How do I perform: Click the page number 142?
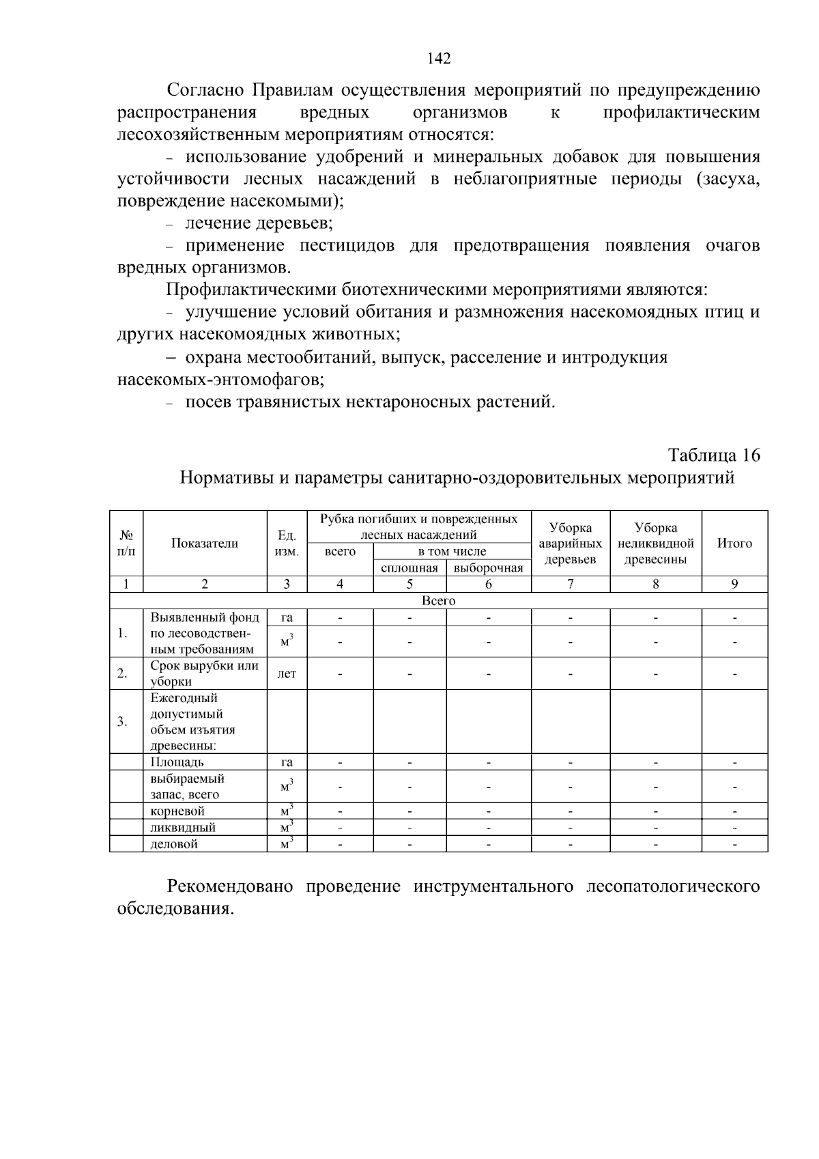coord(439,59)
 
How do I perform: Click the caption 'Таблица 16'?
coord(713,455)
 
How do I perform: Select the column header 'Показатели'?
coord(205,544)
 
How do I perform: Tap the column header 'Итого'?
coord(734,544)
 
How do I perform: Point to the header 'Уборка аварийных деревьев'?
coord(570,544)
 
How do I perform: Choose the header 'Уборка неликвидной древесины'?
coord(655,544)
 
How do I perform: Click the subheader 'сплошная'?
coord(409,568)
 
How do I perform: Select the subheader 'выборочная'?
coord(488,568)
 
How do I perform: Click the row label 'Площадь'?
coord(177,762)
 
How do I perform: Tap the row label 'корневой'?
coord(177,811)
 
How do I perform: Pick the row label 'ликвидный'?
coord(183,828)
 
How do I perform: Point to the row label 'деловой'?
coord(174,844)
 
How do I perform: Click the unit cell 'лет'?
coord(287,673)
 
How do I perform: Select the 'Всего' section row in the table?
coord(438,601)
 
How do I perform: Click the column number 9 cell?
coord(734,584)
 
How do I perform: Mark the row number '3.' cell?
coord(122,721)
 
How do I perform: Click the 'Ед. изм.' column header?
coord(287,544)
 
